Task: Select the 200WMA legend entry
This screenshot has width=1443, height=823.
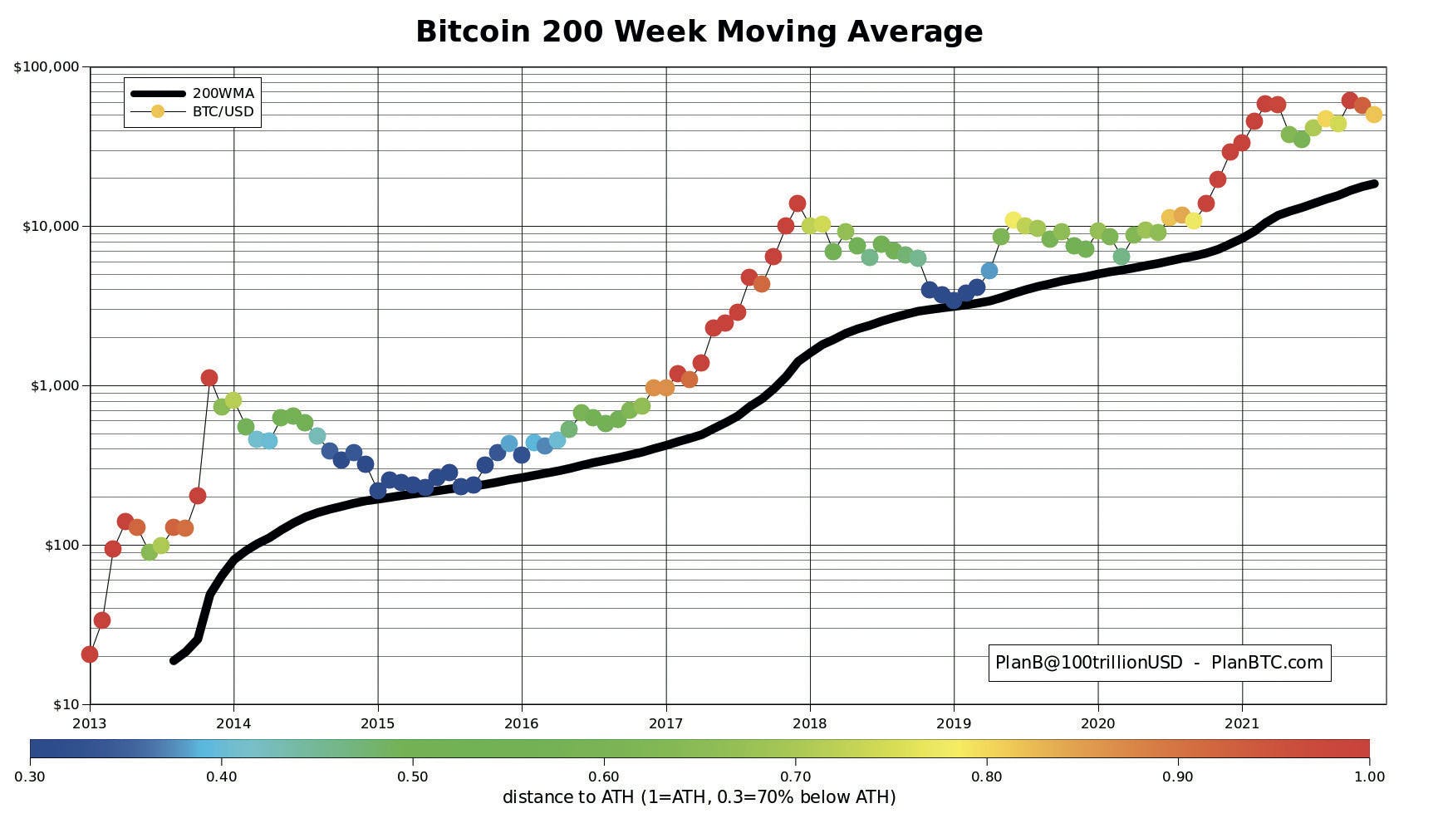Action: point(223,93)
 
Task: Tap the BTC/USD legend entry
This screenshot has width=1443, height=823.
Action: point(223,111)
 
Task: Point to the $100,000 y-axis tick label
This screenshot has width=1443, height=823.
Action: point(47,67)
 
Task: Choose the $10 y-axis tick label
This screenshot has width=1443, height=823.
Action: point(66,705)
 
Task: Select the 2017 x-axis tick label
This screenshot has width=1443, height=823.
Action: point(665,723)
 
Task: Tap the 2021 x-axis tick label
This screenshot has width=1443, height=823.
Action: point(1242,723)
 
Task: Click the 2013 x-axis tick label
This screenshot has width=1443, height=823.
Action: point(90,723)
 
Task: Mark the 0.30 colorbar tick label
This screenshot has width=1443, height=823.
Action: point(30,776)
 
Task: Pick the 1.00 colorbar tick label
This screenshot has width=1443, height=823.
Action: point(1369,776)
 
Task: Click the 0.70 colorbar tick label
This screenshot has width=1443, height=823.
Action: point(795,776)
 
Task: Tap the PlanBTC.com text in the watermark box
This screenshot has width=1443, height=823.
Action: point(1267,663)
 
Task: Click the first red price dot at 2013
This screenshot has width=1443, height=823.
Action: point(90,654)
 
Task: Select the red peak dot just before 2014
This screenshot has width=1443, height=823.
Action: point(209,378)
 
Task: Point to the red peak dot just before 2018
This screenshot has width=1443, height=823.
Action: point(798,203)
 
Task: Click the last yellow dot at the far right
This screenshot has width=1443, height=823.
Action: point(1374,115)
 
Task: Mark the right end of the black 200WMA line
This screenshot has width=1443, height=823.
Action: point(1375,184)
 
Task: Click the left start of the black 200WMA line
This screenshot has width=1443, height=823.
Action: point(174,660)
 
